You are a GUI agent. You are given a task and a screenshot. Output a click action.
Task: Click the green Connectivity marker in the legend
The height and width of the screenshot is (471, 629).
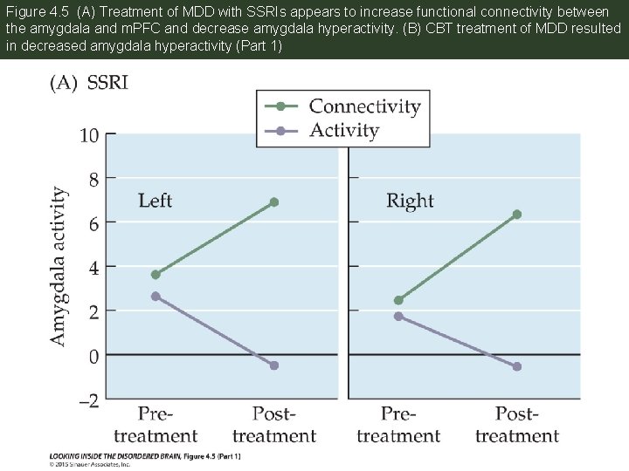pyautogui.click(x=280, y=106)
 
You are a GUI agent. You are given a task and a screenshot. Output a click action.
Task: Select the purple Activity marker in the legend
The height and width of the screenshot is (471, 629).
pyautogui.click(x=280, y=131)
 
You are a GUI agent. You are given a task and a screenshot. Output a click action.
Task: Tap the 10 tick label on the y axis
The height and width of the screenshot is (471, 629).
pyautogui.click(x=88, y=135)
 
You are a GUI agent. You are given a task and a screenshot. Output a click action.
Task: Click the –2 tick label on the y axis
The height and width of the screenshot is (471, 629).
pyautogui.click(x=88, y=400)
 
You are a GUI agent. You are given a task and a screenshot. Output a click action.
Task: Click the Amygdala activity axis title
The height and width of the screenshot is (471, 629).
pyautogui.click(x=58, y=265)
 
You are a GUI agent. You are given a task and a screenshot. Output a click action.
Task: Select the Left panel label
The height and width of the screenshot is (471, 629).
pyautogui.click(x=155, y=201)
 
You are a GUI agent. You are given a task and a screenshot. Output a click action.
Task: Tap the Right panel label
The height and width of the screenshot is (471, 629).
pyautogui.click(x=410, y=201)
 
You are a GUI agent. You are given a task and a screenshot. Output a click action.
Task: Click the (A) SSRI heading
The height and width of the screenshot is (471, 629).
pyautogui.click(x=88, y=83)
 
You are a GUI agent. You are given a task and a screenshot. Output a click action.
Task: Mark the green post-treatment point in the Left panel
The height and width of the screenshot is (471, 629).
pyautogui.click(x=274, y=201)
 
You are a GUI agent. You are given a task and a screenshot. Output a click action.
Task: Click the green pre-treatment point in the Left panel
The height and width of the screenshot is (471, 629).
pyautogui.click(x=156, y=274)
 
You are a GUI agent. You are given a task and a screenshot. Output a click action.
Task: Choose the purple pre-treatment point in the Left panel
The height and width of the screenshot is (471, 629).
pyautogui.click(x=156, y=297)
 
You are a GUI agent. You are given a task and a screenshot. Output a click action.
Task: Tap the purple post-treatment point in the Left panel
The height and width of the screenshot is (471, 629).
pyautogui.click(x=274, y=365)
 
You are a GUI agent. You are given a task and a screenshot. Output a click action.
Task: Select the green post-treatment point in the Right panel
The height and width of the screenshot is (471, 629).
pyautogui.click(x=517, y=214)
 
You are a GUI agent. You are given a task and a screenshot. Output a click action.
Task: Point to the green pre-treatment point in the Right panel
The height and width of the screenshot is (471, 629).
pyautogui.click(x=398, y=300)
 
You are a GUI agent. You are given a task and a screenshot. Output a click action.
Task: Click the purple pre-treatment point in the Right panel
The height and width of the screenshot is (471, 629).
pyautogui.click(x=398, y=316)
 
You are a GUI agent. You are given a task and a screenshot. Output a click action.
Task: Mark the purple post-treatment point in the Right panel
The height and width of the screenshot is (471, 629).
pyautogui.click(x=517, y=366)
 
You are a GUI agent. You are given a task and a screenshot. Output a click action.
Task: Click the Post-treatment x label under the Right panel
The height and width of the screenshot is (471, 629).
pyautogui.click(x=517, y=424)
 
